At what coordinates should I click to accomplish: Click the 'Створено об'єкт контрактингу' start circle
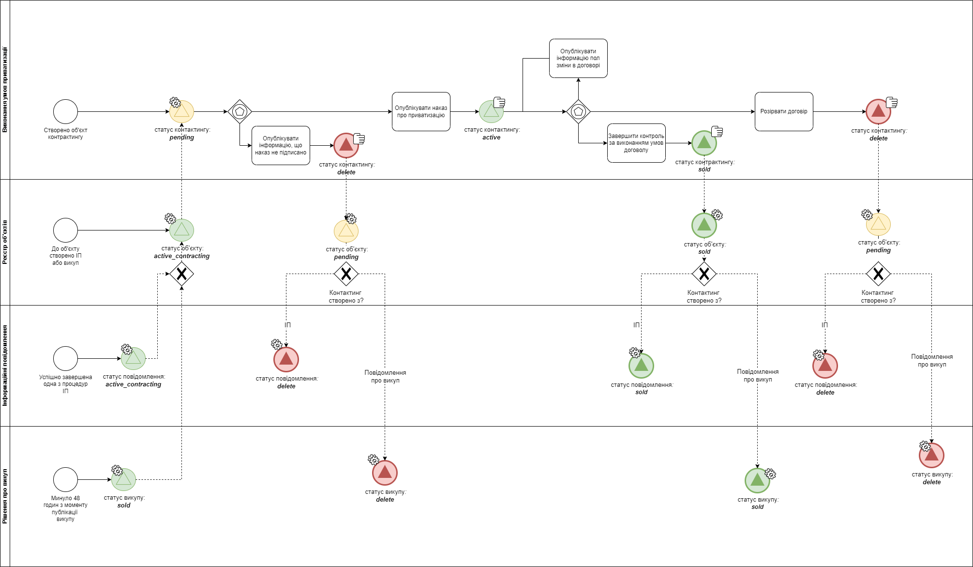point(65,112)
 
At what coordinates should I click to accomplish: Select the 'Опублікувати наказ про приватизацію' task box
point(421,112)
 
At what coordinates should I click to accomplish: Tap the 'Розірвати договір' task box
point(784,112)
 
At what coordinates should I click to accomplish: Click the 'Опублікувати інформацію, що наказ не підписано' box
point(281,145)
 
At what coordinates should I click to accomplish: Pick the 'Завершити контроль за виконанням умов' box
point(636,143)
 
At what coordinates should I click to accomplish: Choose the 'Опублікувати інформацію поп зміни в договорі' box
point(578,59)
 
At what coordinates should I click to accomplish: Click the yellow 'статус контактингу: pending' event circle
point(181,112)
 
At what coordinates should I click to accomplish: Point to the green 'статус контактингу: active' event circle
point(491,112)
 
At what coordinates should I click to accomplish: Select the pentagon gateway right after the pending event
point(240,112)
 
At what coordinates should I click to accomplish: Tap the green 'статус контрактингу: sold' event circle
point(704,143)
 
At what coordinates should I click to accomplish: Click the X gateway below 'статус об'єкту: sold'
point(704,274)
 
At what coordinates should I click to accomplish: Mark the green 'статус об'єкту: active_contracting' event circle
point(181,230)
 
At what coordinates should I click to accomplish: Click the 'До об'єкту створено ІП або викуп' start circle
point(65,230)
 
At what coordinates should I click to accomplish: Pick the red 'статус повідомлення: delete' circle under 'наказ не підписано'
point(286,359)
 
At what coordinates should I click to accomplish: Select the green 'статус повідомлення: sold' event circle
point(641,366)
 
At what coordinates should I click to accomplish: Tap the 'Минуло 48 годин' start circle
point(65,479)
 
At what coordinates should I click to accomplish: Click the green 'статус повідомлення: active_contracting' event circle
point(133,359)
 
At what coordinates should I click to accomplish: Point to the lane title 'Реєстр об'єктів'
point(5,242)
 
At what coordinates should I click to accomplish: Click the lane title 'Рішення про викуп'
point(5,496)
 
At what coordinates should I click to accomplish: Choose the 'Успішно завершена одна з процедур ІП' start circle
point(65,358)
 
